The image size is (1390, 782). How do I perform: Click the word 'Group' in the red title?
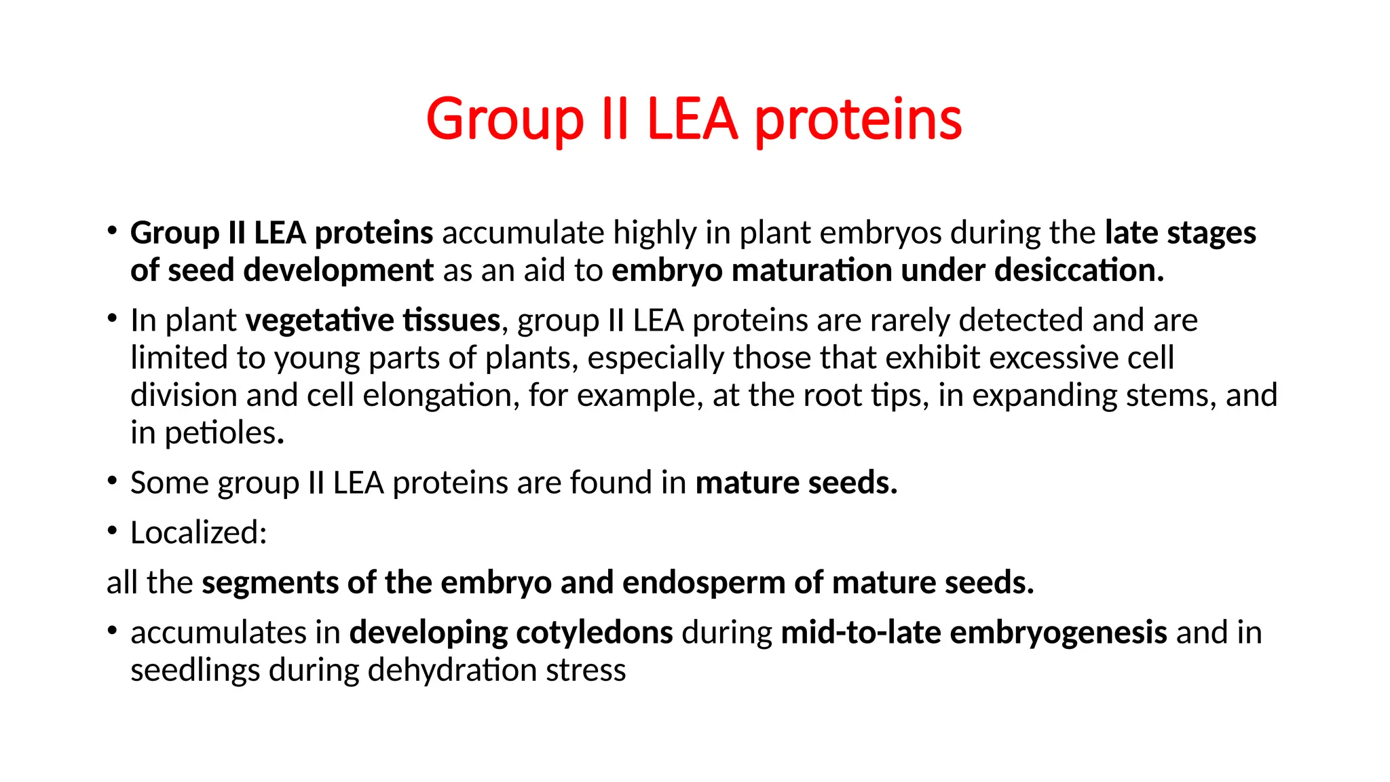(504, 120)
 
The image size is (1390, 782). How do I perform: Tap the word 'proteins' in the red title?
(858, 120)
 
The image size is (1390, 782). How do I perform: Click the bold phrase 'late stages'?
(1180, 233)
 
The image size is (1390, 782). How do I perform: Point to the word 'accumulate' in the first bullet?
(523, 233)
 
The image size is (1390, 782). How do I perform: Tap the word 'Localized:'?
(198, 533)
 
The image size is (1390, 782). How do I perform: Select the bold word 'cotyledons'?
(595, 633)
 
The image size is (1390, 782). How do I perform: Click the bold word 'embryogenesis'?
(1059, 633)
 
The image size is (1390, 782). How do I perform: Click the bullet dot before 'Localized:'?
(112, 531)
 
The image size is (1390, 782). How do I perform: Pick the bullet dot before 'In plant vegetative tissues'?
(112, 318)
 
